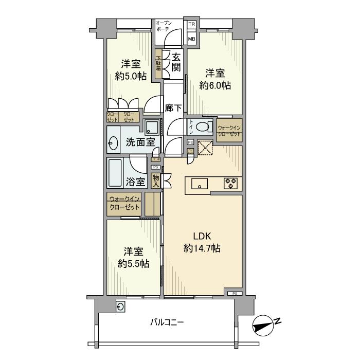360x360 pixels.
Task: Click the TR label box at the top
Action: [191, 24]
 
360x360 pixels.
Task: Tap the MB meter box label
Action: [191, 39]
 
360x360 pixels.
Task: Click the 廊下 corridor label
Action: [174, 108]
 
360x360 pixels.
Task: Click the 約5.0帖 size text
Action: [131, 77]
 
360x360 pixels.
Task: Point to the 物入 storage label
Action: [155, 180]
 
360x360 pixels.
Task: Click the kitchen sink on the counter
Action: [199, 183]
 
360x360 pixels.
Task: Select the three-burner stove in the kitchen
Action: [230, 183]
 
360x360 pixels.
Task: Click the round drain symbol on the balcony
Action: [120, 307]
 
